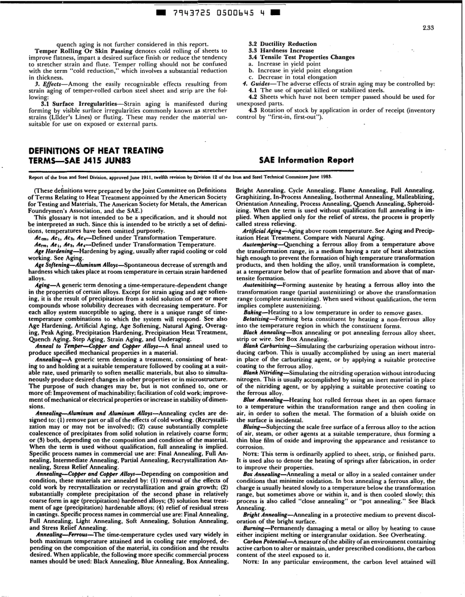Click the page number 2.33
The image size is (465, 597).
(428, 28)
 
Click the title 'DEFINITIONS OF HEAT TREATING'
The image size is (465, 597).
(95, 150)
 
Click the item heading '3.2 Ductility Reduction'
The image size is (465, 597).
(282, 44)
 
